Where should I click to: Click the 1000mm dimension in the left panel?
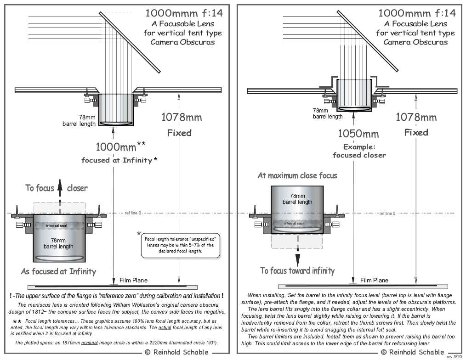click(116, 147)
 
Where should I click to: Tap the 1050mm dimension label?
click(358, 134)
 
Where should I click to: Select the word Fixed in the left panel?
click(179, 133)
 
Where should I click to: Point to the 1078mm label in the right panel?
click(416, 117)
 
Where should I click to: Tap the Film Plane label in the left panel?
click(134, 280)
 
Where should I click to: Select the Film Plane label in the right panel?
click(374, 280)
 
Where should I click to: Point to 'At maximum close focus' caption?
click(297, 175)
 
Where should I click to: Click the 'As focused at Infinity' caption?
click(58, 271)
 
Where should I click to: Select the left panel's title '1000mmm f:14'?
click(183, 13)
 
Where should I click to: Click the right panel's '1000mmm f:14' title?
click(417, 13)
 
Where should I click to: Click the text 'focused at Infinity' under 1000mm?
click(117, 160)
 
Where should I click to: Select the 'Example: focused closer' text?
click(359, 151)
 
